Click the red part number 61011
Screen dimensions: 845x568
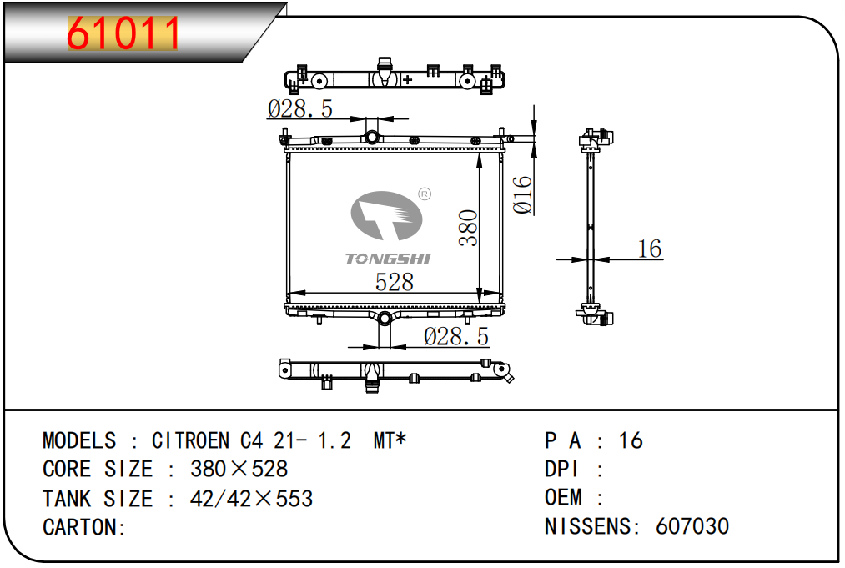[x=123, y=33]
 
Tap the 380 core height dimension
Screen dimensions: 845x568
[x=468, y=228]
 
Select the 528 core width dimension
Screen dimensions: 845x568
[x=394, y=283]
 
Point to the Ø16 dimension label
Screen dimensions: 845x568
[x=522, y=194]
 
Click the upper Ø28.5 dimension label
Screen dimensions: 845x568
[x=300, y=109]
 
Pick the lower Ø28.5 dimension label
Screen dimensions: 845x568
[x=456, y=337]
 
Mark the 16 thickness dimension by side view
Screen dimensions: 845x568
[x=649, y=249]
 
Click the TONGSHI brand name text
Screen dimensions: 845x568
[x=388, y=259]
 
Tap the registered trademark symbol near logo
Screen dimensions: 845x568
[x=425, y=194]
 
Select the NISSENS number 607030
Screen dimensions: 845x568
[x=692, y=526]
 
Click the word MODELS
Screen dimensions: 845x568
[x=79, y=441]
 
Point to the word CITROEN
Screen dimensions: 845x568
[x=191, y=441]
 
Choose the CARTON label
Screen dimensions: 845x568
[x=84, y=527]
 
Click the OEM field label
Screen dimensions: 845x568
[x=563, y=497]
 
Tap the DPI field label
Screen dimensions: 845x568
[x=561, y=470]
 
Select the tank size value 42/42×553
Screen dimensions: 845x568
[x=251, y=499]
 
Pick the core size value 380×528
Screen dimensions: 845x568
[x=239, y=469]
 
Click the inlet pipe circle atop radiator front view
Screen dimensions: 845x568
[x=372, y=137]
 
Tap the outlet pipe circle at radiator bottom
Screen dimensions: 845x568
[x=385, y=318]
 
